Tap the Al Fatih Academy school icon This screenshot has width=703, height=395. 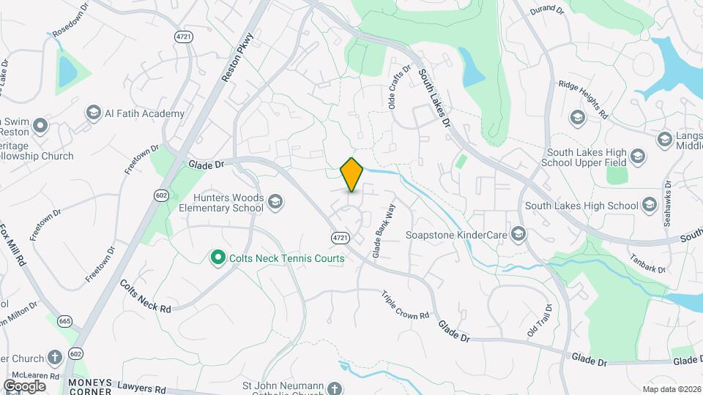[x=93, y=113]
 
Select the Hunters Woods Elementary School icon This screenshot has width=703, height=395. [x=275, y=201]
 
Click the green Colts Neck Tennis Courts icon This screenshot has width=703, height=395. [x=217, y=257]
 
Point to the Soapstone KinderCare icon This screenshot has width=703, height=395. [x=518, y=235]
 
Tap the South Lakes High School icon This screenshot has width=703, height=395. [x=649, y=206]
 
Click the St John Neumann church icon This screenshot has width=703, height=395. [x=335, y=388]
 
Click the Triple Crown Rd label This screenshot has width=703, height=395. [x=405, y=306]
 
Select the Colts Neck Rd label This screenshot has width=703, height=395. [x=146, y=297]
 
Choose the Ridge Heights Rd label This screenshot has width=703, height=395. [x=584, y=99]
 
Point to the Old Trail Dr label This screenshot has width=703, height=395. [x=538, y=321]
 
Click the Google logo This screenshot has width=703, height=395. [x=24, y=385]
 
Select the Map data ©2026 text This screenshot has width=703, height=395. [x=670, y=388]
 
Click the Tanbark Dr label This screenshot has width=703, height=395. [x=647, y=264]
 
